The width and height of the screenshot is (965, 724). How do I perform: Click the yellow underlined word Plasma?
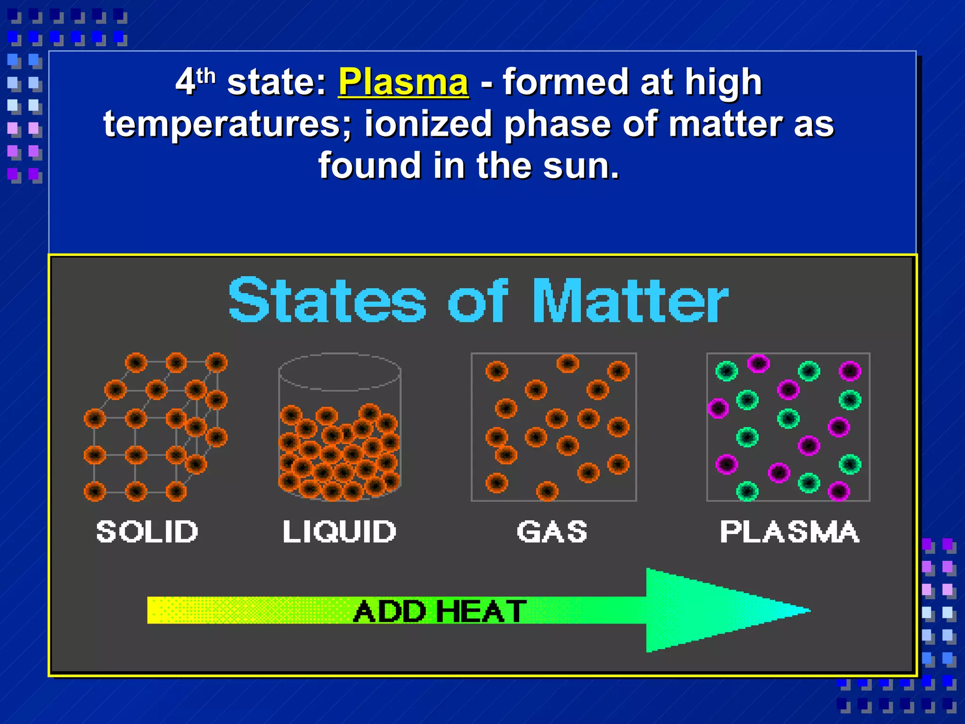[403, 82]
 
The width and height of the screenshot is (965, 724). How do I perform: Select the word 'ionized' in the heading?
[428, 124]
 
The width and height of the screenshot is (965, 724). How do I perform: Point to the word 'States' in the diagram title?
[327, 300]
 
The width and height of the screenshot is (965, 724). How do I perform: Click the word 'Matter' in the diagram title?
[630, 300]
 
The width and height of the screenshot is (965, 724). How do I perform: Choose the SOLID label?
[147, 532]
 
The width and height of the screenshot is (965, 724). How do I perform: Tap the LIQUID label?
[339, 532]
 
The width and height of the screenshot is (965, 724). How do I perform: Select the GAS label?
[552, 532]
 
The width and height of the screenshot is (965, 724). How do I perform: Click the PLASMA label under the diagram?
[789, 532]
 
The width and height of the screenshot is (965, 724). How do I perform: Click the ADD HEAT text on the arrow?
[439, 611]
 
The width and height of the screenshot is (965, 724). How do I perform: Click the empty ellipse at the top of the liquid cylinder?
[340, 372]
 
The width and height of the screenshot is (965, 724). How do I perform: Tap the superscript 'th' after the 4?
[206, 75]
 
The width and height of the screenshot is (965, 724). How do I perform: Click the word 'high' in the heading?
[723, 82]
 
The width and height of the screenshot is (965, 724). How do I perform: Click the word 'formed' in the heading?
[566, 82]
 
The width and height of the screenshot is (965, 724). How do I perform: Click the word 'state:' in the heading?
[277, 82]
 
